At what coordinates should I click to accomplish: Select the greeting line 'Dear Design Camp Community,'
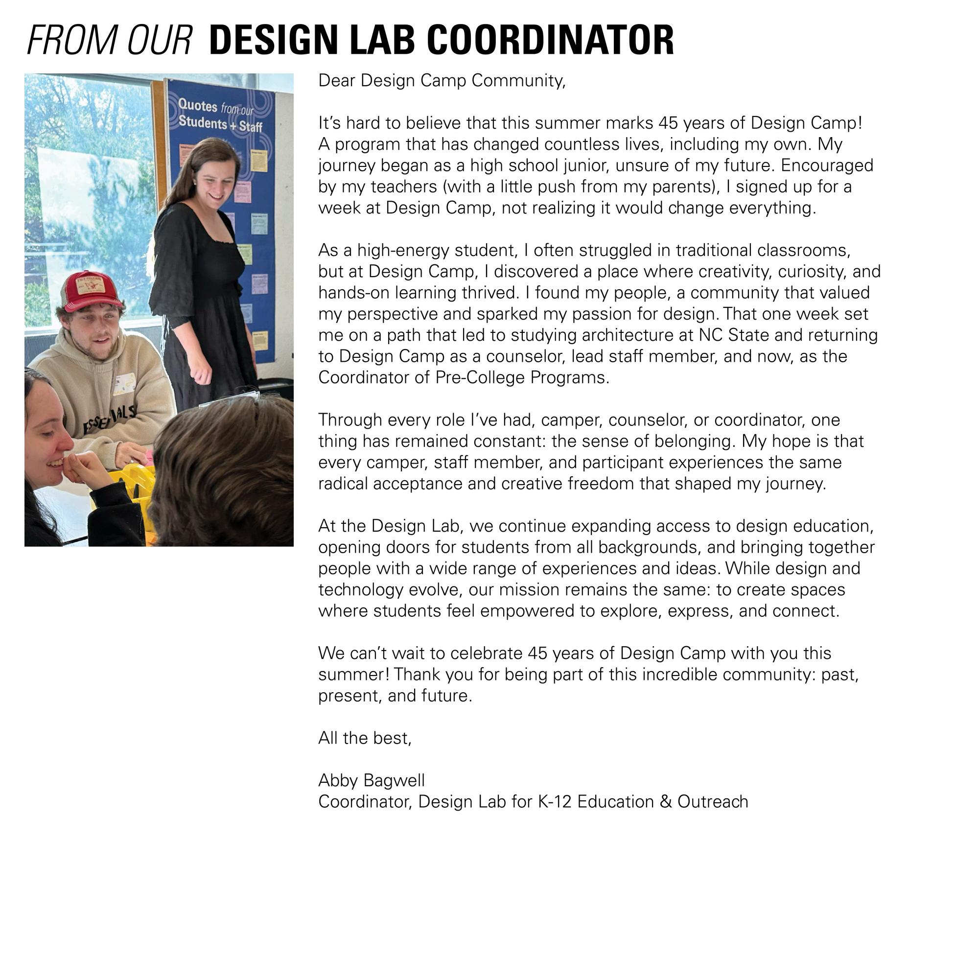point(442,81)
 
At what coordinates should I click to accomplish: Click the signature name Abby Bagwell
point(371,780)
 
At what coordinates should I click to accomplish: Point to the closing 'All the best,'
point(365,738)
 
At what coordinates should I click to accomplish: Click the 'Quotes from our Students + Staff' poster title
point(220,115)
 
